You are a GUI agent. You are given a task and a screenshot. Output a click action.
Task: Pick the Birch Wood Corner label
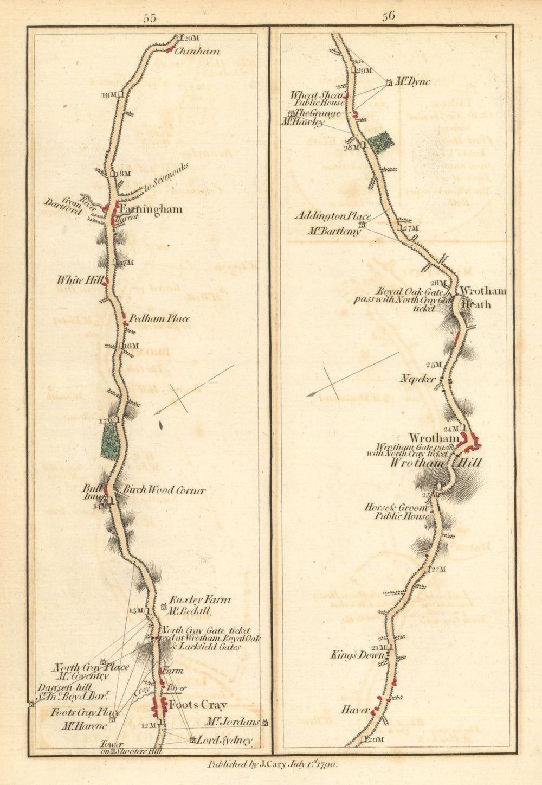165,490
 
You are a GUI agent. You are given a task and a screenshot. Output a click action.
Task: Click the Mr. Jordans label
232,722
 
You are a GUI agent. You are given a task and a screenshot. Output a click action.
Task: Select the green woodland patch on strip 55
111,441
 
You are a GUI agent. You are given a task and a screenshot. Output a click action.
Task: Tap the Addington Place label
325,215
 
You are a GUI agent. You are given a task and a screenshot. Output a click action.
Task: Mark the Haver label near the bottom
356,710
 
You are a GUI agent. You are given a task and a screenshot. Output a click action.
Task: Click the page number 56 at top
388,16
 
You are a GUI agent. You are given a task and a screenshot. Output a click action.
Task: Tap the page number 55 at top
150,18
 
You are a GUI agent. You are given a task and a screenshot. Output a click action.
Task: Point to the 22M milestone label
438,569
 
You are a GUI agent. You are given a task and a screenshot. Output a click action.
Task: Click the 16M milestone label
131,346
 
